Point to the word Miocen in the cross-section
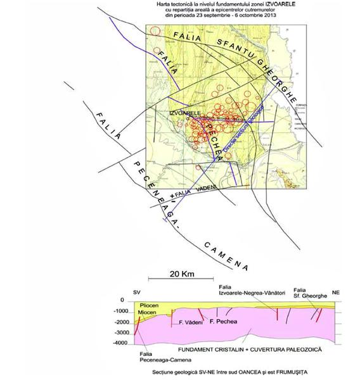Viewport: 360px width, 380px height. [x=148, y=313]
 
